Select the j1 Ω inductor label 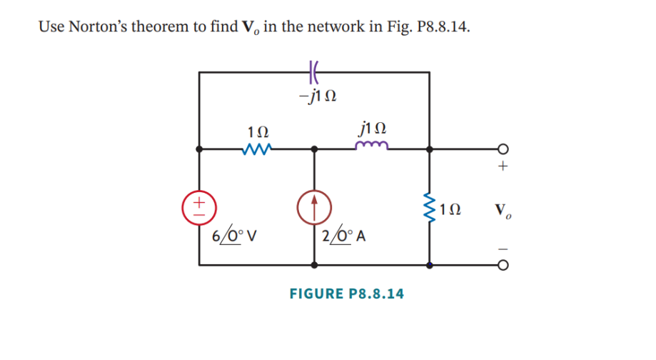click(373, 129)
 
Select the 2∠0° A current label click(343, 236)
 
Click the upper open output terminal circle click(503, 150)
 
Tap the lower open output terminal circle click(503, 265)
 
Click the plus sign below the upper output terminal click(503, 168)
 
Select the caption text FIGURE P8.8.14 click(346, 294)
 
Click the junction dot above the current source click(314, 150)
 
